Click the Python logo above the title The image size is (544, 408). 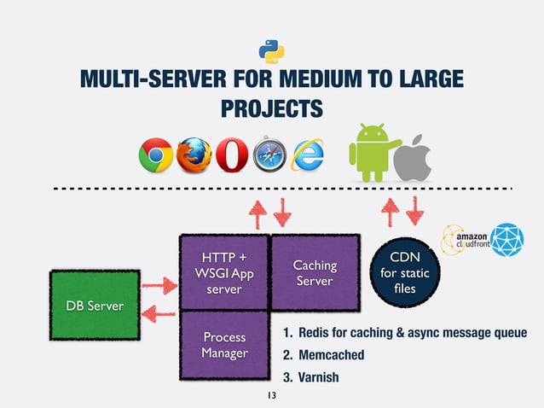coord(271,50)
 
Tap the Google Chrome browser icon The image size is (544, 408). coord(155,157)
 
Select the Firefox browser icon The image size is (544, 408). coord(194,157)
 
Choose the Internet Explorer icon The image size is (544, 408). coord(307,157)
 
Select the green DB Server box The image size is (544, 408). coord(88,306)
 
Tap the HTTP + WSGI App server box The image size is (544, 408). coord(224,271)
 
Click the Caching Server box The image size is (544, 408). coord(315,273)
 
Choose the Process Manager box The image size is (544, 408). coord(224,345)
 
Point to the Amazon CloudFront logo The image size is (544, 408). coord(466,238)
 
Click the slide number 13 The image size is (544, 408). coord(272,396)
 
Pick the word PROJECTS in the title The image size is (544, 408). coord(272,109)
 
